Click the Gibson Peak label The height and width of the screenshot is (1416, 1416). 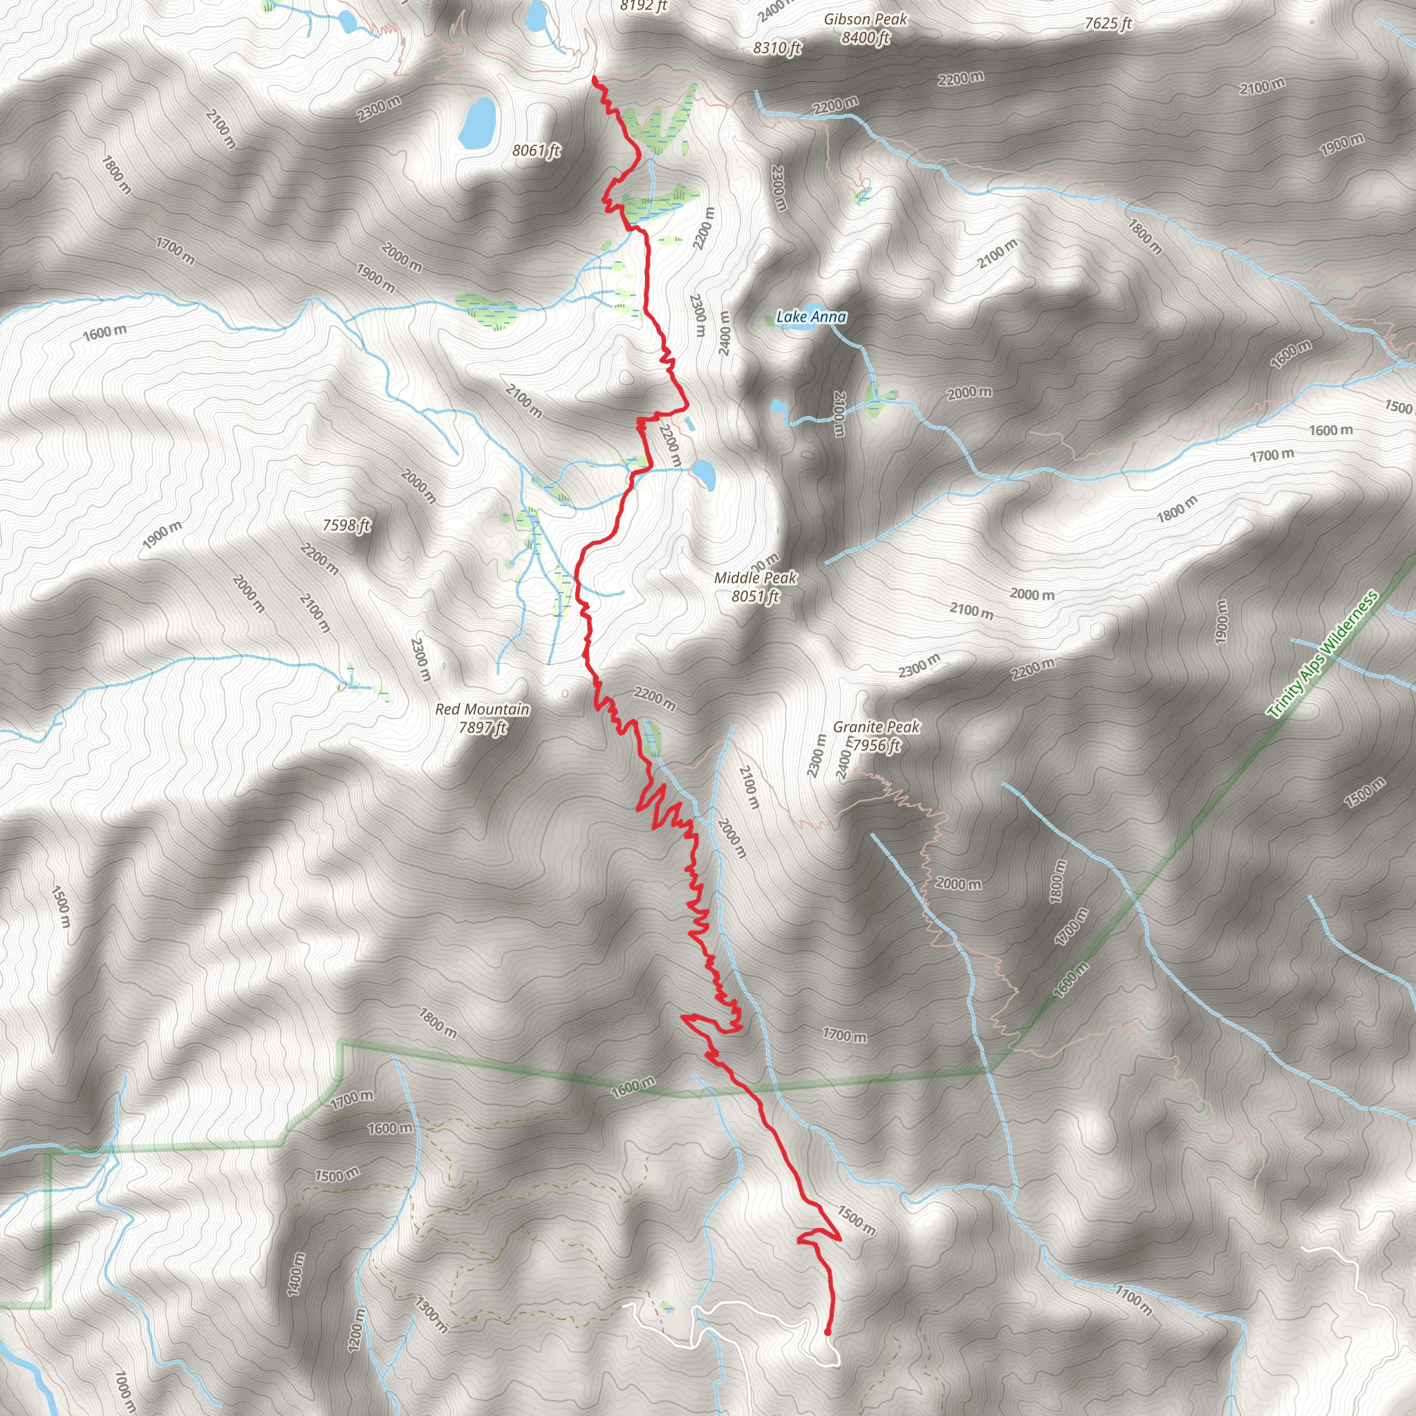tap(865, 20)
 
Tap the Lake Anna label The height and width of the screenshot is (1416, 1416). tap(811, 317)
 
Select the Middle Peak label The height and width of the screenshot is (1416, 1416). tap(755, 578)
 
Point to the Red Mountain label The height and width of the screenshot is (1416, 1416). tap(483, 709)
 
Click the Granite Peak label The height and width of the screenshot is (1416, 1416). tap(876, 727)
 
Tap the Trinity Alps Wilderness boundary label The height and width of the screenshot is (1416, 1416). tap(1323, 655)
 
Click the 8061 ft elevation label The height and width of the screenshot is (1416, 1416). tap(536, 151)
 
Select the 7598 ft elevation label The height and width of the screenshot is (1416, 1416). tap(346, 525)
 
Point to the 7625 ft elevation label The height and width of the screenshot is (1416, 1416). tap(1108, 24)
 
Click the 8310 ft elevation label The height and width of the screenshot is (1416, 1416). tap(777, 48)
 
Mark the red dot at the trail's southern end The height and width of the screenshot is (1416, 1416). tap(828, 1332)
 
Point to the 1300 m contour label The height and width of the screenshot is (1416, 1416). tap(431, 1314)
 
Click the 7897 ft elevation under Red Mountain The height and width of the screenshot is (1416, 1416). tap(483, 728)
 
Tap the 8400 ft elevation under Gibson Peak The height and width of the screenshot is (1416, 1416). tap(865, 37)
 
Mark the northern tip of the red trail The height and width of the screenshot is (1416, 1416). tap(593, 77)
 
